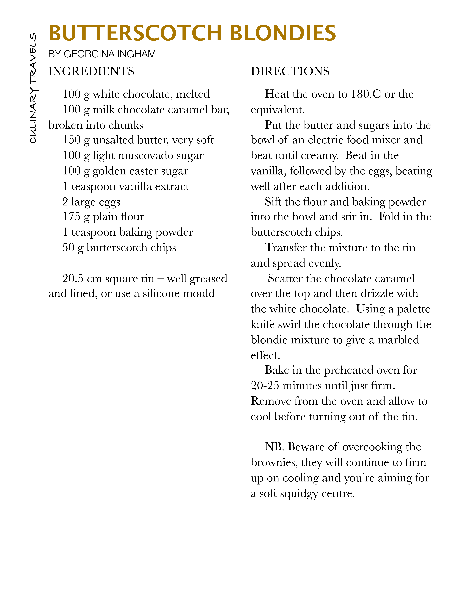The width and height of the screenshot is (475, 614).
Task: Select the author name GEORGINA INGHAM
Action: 110,54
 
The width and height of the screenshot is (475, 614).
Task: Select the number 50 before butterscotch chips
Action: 68,248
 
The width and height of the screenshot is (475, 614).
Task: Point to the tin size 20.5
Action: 73,279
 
